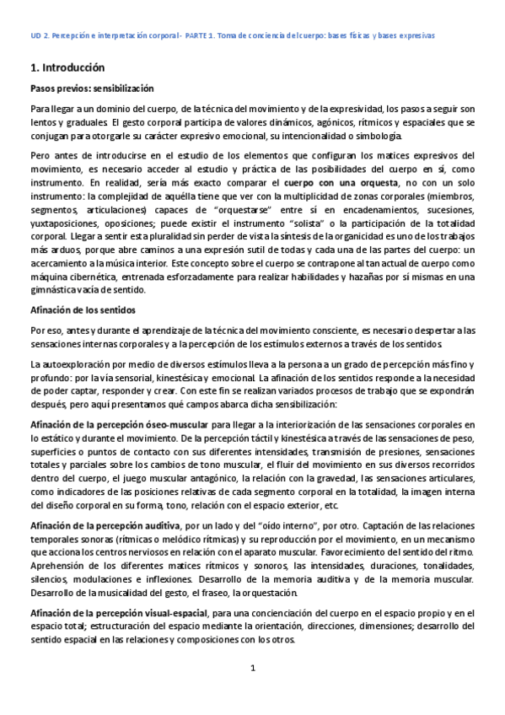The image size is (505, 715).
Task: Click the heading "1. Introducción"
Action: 67,67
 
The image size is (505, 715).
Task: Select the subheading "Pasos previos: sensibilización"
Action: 92,89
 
